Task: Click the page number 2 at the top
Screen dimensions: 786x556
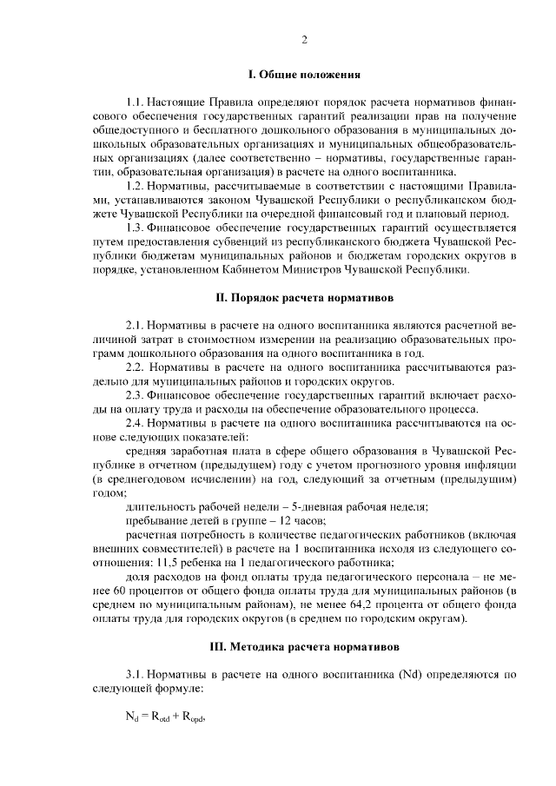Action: click(x=304, y=40)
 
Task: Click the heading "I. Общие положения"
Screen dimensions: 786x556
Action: click(x=304, y=76)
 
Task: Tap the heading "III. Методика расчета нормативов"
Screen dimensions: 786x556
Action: click(x=304, y=647)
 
